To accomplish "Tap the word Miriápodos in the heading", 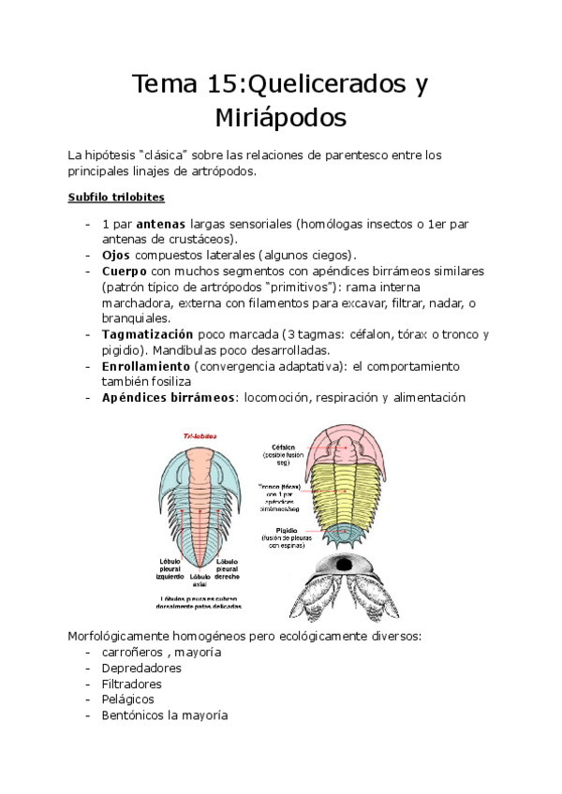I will click(x=280, y=119).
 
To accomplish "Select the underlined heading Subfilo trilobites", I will click(x=116, y=198).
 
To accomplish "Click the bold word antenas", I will click(x=161, y=225).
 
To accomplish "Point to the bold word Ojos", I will click(x=116, y=255).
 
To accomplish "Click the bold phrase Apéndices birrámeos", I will click(x=170, y=397).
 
